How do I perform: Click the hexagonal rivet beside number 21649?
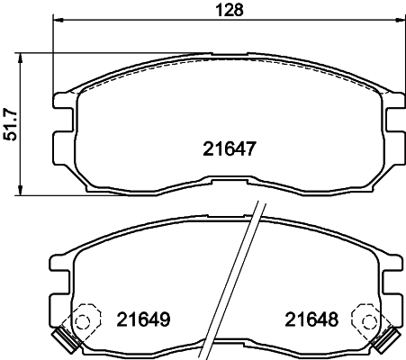[86, 319]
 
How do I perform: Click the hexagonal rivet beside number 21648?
[368, 319]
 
